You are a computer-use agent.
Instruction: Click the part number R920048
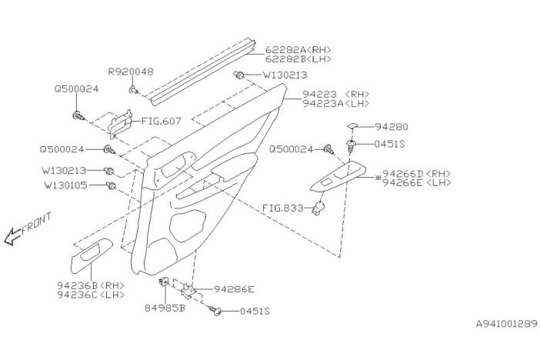click(x=131, y=72)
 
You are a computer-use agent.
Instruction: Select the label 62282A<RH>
click(x=298, y=49)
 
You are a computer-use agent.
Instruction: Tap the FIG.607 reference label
click(x=162, y=122)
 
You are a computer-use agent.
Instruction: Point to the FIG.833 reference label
click(x=283, y=208)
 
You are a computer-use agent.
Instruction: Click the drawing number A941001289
click(x=507, y=324)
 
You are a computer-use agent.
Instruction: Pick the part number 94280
click(x=392, y=127)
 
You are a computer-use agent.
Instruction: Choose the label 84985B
click(x=165, y=308)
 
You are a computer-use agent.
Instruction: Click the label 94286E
click(x=234, y=289)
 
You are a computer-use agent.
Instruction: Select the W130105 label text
click(x=66, y=185)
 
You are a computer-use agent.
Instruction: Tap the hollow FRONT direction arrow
click(x=12, y=236)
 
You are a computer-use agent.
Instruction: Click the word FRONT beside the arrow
click(x=37, y=224)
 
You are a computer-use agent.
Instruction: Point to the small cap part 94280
click(x=352, y=126)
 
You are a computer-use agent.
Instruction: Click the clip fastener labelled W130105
click(x=112, y=185)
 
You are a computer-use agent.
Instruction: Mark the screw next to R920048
click(x=134, y=90)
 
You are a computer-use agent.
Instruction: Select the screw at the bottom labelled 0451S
click(x=215, y=311)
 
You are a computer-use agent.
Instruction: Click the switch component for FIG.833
click(x=318, y=208)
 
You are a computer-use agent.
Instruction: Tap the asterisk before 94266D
click(x=378, y=178)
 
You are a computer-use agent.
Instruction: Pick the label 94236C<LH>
click(x=91, y=295)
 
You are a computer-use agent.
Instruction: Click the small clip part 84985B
click(x=164, y=282)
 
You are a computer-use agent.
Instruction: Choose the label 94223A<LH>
click(x=336, y=103)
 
